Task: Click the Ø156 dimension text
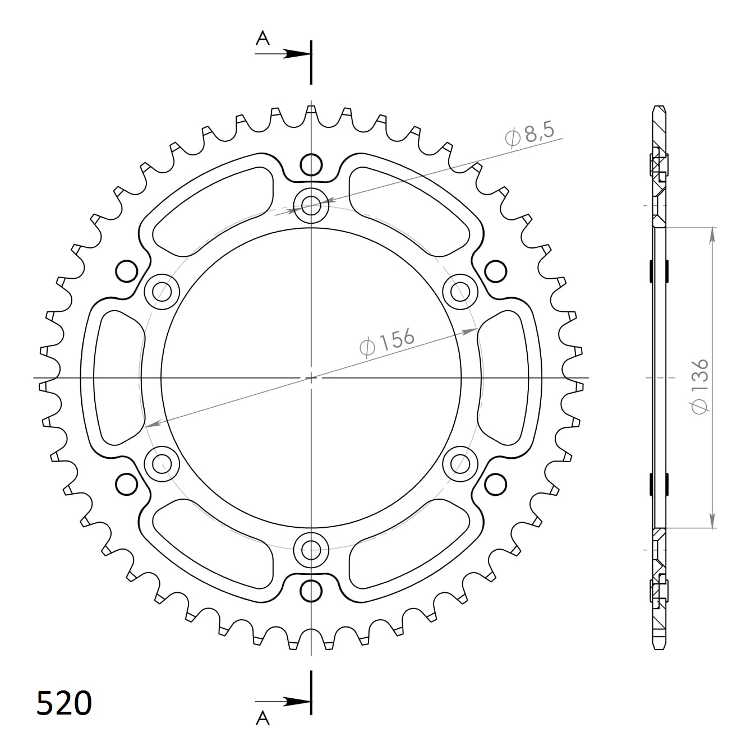(387, 342)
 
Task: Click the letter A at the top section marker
(262, 38)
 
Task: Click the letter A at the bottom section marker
(262, 718)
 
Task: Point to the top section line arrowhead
(295, 54)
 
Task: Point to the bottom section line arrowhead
(295, 701)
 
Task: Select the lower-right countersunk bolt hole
(460, 464)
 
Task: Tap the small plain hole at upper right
(496, 272)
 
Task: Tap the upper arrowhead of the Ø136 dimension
(712, 234)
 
